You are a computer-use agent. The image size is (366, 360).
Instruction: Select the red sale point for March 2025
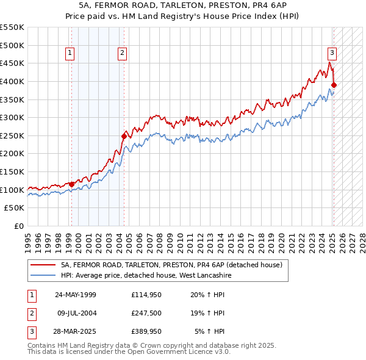tap(334, 85)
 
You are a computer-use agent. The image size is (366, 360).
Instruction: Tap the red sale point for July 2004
tap(124, 136)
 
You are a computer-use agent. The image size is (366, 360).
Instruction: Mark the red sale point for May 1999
tap(71, 184)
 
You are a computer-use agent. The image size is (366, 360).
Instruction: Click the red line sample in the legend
tap(43, 265)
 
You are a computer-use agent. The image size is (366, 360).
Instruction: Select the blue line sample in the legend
tap(43, 276)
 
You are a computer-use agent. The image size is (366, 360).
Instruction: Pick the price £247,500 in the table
tap(146, 314)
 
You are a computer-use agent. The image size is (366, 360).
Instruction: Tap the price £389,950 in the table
tap(146, 333)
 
